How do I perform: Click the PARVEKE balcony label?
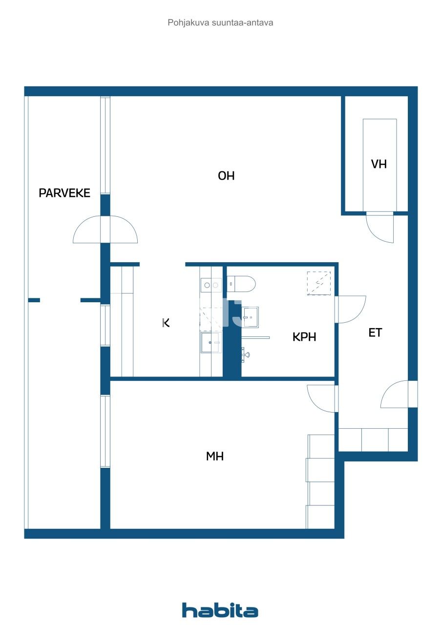[x=64, y=193]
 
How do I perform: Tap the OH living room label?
[x=226, y=176]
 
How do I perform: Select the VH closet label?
[x=379, y=164]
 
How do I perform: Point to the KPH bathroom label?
[x=304, y=337]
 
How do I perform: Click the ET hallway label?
[x=375, y=333]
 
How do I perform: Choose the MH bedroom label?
[x=215, y=457]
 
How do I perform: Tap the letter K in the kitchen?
[x=166, y=322]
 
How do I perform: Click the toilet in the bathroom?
[x=242, y=284]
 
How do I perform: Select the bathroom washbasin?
[x=251, y=317]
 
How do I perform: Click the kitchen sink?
[x=210, y=342]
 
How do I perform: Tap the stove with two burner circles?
[x=210, y=285]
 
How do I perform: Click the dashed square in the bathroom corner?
[x=318, y=283]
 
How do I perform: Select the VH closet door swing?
[x=380, y=228]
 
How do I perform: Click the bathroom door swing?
[x=350, y=309]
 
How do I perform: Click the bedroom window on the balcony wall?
[x=105, y=431]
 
